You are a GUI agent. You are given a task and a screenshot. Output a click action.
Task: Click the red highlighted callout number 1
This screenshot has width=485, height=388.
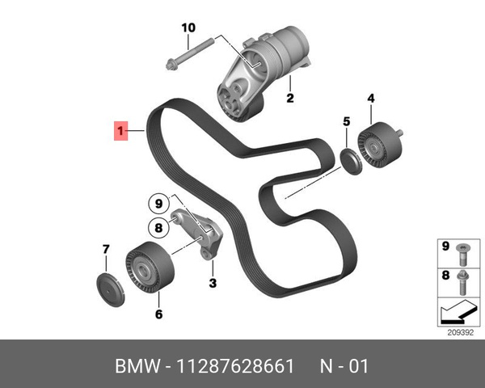120,130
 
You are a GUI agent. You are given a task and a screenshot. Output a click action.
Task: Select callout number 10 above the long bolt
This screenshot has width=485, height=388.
188,27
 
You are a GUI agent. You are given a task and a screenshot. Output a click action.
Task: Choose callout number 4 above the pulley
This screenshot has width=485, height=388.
371,99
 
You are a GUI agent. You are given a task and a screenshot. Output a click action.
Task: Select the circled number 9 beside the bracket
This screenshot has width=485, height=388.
159,203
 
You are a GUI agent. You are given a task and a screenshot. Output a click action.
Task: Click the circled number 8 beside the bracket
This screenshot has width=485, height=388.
159,228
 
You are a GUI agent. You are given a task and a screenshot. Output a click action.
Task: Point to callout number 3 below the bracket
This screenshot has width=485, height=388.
213,283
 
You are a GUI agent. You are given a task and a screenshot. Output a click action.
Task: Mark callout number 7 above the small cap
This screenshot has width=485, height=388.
105,250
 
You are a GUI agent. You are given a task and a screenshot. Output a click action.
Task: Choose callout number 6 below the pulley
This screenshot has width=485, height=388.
158,314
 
